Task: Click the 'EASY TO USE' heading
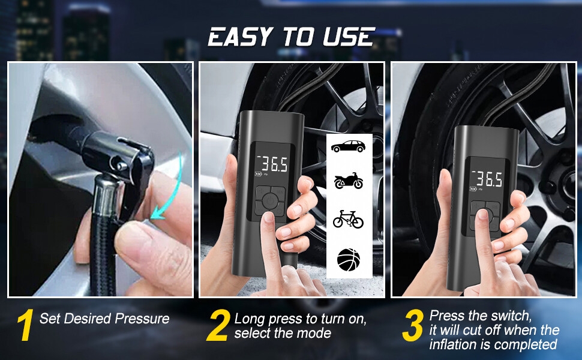pyautogui.click(x=291, y=37)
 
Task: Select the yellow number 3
pyautogui.click(x=413, y=326)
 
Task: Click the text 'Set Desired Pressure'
pyautogui.click(x=104, y=319)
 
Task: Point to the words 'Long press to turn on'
pyautogui.click(x=300, y=319)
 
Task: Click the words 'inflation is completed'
pyautogui.click(x=493, y=344)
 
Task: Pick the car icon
pyautogui.click(x=348, y=146)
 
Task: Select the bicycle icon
pyautogui.click(x=348, y=218)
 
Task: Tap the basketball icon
pyautogui.click(x=348, y=260)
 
